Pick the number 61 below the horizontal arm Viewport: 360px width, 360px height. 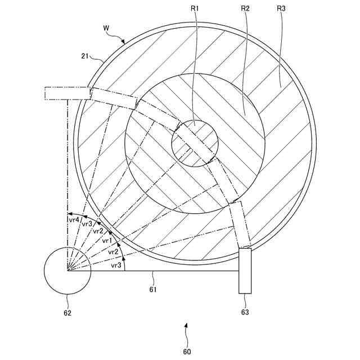click(152, 290)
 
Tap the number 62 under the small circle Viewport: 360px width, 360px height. click(67, 312)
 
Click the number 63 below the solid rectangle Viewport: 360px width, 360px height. click(245, 312)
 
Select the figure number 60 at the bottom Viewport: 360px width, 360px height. click(187, 352)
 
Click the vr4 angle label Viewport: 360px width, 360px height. click(74, 219)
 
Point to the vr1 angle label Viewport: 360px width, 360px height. click(107, 241)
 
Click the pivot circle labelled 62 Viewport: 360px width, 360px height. click(67, 271)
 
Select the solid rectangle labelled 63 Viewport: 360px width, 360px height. click(245, 271)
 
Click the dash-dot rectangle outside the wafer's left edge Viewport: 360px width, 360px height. click(67, 93)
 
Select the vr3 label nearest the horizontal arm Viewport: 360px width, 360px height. click(116, 265)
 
